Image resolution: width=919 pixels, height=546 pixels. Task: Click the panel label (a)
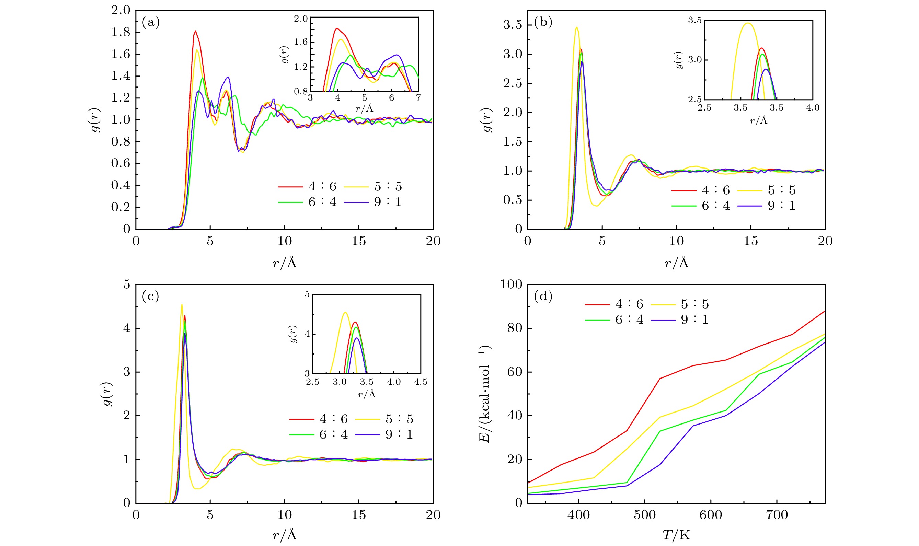pyautogui.click(x=150, y=23)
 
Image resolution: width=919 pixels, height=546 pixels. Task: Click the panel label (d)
pyautogui.click(x=543, y=296)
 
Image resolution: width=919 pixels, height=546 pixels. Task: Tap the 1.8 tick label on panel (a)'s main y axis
pyautogui.click(x=121, y=32)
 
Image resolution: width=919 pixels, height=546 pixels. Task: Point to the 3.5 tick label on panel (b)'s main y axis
pyautogui.click(x=512, y=25)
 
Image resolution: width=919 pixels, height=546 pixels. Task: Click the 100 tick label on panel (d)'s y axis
pyautogui.click(x=511, y=284)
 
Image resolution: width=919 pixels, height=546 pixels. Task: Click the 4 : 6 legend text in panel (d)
pyautogui.click(x=629, y=304)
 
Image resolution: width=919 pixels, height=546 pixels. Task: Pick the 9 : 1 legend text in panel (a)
pyautogui.click(x=388, y=202)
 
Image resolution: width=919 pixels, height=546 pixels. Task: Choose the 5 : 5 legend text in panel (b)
pyautogui.click(x=782, y=190)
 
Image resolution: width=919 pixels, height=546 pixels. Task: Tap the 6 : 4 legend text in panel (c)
pyautogui.click(x=333, y=434)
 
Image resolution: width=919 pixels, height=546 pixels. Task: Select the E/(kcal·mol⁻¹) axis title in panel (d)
pyautogui.click(x=485, y=394)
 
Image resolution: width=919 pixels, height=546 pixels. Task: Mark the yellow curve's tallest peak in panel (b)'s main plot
pyautogui.click(x=576, y=27)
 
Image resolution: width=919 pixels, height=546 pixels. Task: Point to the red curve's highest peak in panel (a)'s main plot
pyautogui.click(x=195, y=31)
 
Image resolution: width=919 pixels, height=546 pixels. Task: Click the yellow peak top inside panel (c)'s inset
pyautogui.click(x=345, y=313)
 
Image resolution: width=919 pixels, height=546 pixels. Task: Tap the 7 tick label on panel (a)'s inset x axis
pyautogui.click(x=418, y=98)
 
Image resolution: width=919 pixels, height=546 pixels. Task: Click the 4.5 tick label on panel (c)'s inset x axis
pyautogui.click(x=421, y=382)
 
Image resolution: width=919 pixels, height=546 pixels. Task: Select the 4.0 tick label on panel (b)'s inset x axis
pyautogui.click(x=812, y=108)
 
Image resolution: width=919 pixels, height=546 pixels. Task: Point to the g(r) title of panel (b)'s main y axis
pyautogui.click(x=487, y=120)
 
